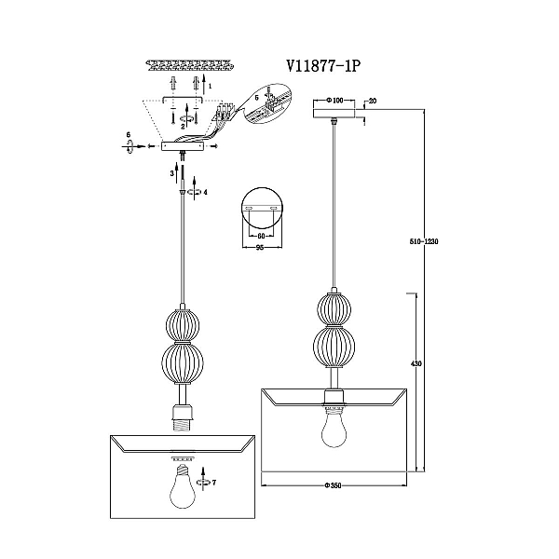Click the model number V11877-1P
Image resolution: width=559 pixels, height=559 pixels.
[323, 66]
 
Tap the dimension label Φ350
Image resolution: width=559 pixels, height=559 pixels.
[333, 485]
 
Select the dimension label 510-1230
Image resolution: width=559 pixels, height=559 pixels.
[424, 241]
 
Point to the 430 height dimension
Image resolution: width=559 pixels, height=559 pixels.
[416, 363]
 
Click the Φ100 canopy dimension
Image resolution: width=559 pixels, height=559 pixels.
[334, 101]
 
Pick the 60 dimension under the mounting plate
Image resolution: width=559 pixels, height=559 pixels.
[261, 236]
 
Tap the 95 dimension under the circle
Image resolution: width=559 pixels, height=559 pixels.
[260, 248]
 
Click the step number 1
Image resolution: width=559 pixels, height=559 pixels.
[211, 86]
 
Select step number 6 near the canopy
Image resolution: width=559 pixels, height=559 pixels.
[129, 134]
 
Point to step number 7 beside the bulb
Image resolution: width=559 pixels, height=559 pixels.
[214, 483]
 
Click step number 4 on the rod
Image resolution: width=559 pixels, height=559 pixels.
[205, 192]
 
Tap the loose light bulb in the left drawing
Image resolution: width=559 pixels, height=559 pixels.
[183, 486]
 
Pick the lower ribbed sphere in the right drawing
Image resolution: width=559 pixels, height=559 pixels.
[334, 348]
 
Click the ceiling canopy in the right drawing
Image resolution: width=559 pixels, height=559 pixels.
[334, 113]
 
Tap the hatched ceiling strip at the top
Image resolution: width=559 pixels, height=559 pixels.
[190, 66]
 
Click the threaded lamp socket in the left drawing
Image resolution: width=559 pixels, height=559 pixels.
[183, 417]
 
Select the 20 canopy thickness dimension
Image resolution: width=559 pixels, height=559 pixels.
[373, 101]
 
